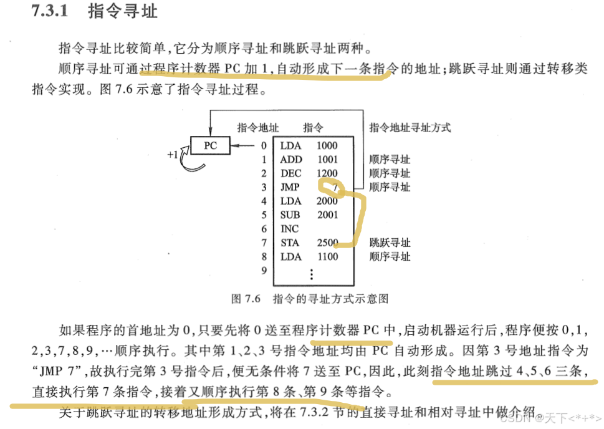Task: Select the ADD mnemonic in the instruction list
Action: [291, 160]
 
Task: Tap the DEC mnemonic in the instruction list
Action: [291, 173]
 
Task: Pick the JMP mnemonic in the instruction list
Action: [290, 187]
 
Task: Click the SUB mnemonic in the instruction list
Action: [290, 215]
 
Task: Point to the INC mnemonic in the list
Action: [290, 229]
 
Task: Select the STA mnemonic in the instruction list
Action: [290, 243]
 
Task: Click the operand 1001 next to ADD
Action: [327, 160]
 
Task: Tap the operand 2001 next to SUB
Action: [327, 215]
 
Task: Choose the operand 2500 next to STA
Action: [327, 243]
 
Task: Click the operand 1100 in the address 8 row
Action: [327, 256]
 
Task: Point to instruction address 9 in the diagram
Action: [264, 270]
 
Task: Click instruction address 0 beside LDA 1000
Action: [264, 146]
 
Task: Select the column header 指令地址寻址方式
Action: [410, 128]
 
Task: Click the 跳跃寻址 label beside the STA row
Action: [390, 243]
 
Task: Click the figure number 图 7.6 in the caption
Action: [245, 299]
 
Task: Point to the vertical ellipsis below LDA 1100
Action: [312, 274]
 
